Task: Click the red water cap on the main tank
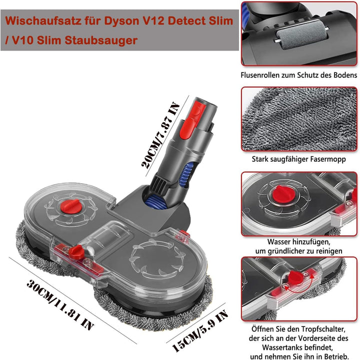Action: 73,204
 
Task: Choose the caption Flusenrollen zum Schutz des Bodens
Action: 299,75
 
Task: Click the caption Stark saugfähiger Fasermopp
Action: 299,161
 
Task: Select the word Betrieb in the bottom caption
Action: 334,356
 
